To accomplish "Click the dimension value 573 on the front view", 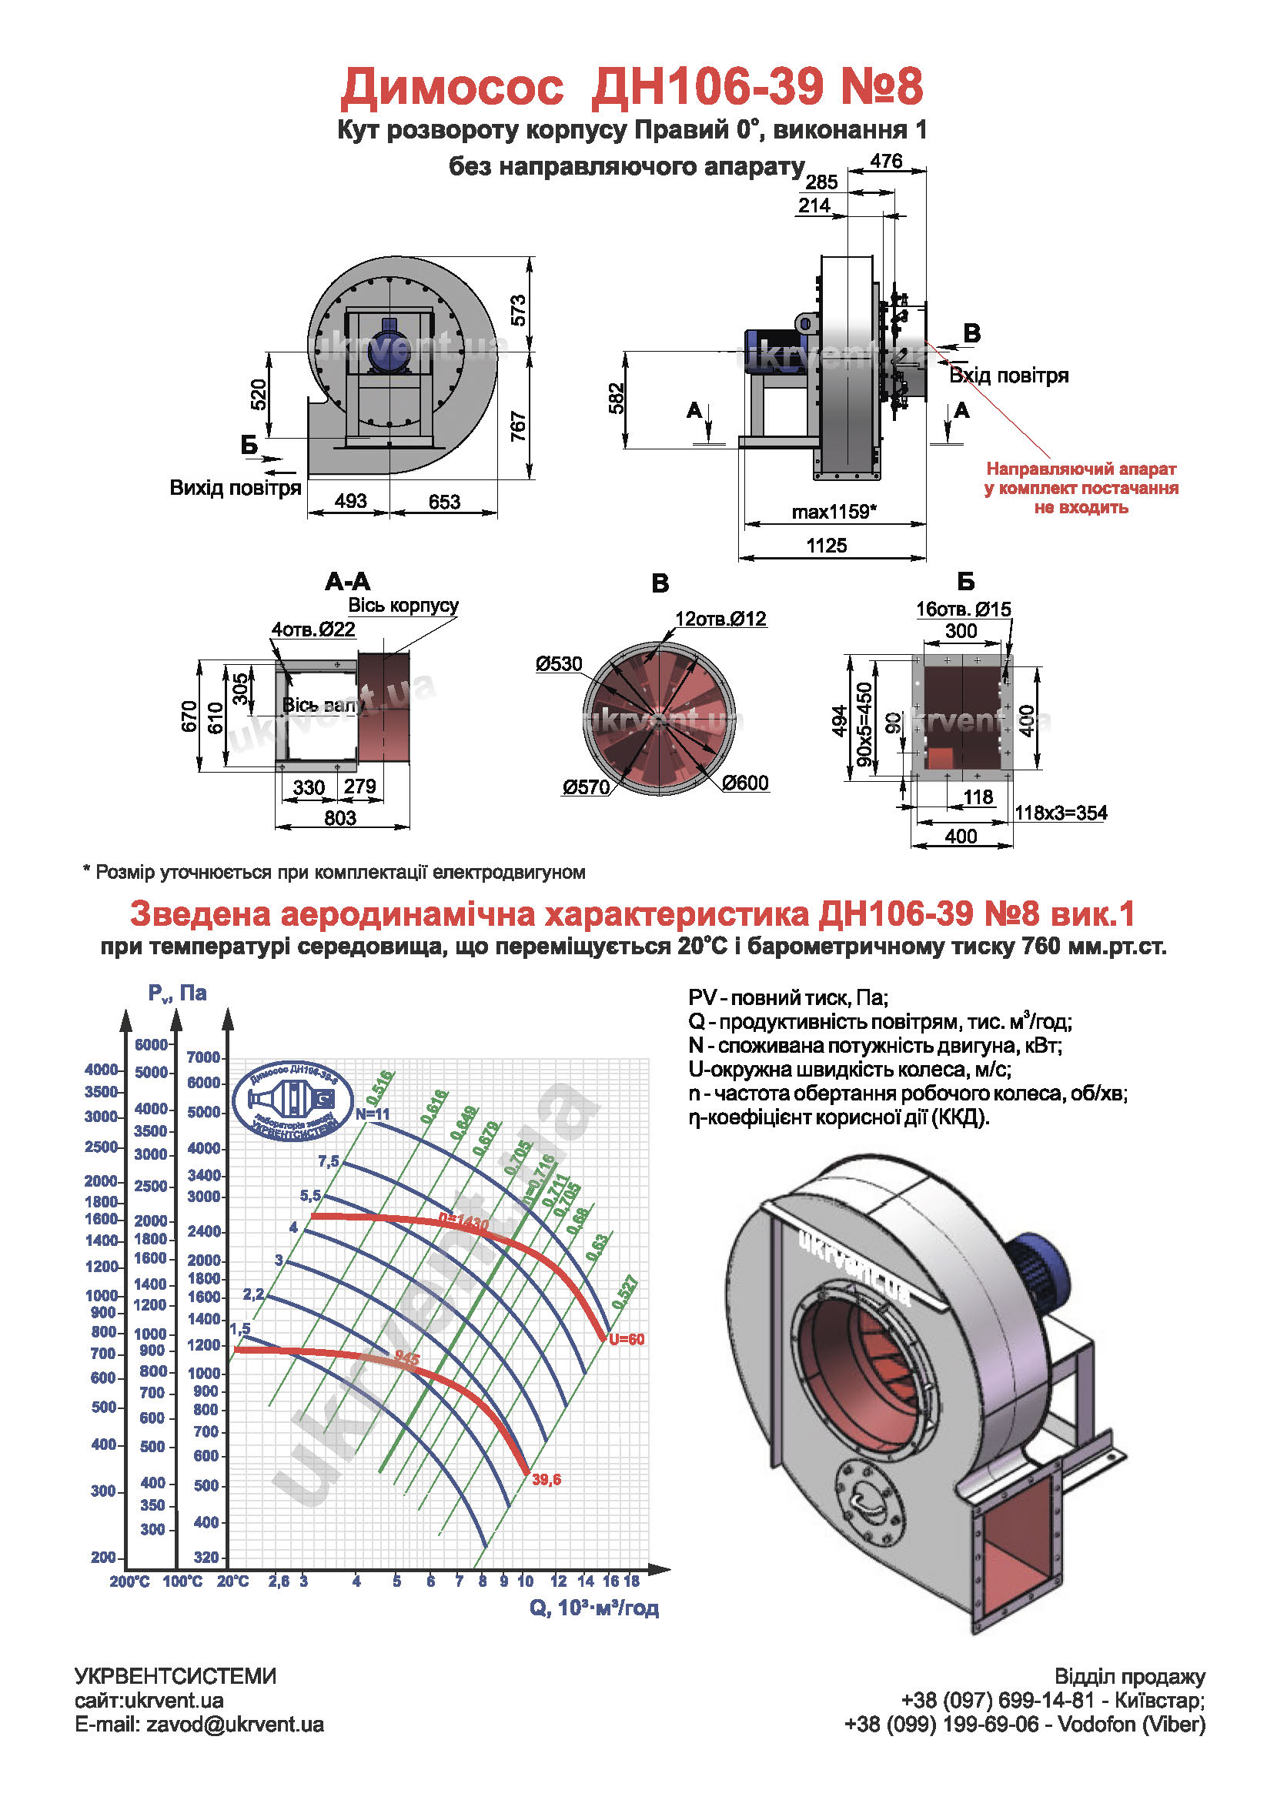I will point(517,310).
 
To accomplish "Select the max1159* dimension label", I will point(834,512).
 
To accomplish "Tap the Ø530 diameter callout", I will point(558,664).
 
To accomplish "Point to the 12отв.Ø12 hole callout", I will point(720,619).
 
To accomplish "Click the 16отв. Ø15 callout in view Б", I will point(963,609).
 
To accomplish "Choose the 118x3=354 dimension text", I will point(1061,813).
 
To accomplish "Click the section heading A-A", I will point(347,582).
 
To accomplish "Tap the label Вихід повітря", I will point(236,488).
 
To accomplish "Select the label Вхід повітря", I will point(1008,376).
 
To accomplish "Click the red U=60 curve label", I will point(627,1339).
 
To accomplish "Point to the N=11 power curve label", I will point(373,1114).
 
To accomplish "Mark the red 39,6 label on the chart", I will point(547,1479).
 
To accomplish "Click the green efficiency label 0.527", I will point(625,1293).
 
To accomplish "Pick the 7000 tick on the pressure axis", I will point(204,1057).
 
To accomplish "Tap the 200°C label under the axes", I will point(129,1581).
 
